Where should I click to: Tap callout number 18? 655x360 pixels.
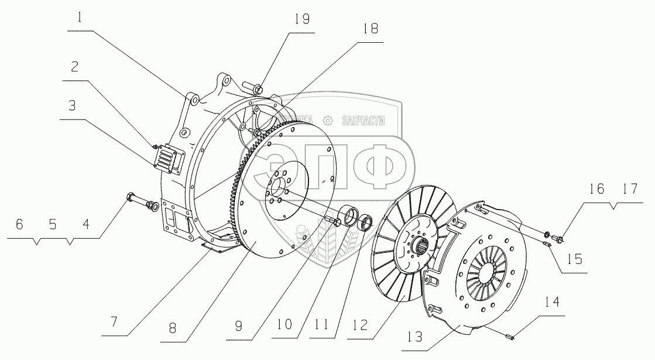[x=371, y=28]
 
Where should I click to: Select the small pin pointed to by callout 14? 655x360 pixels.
[x=508, y=336]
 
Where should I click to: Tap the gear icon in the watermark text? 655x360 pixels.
[x=328, y=121]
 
